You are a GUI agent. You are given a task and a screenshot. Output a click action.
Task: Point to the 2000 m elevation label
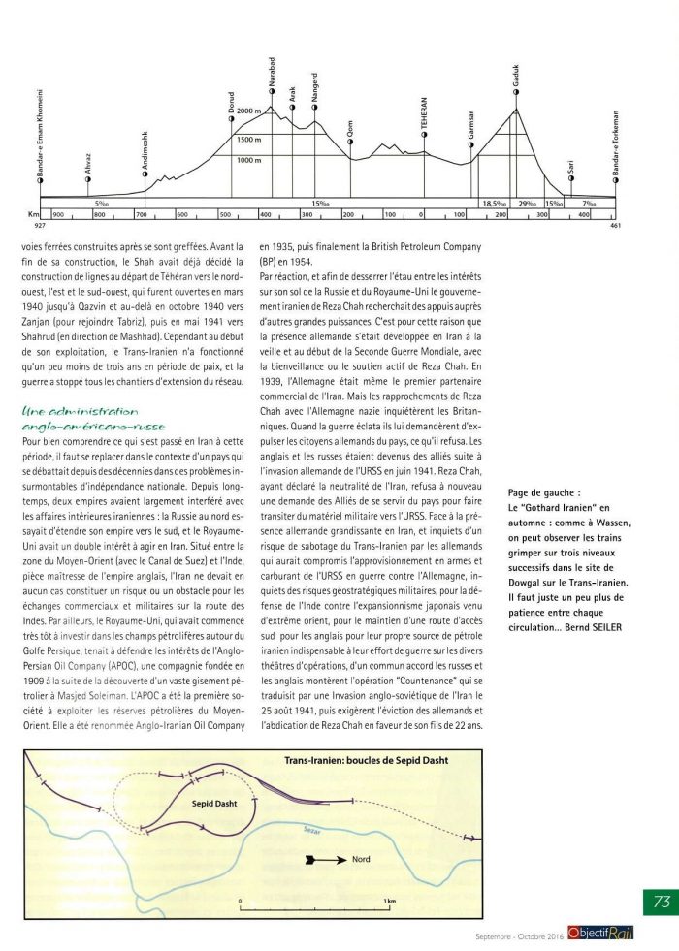[x=249, y=111]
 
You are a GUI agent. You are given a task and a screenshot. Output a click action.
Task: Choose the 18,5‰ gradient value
[x=494, y=203]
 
